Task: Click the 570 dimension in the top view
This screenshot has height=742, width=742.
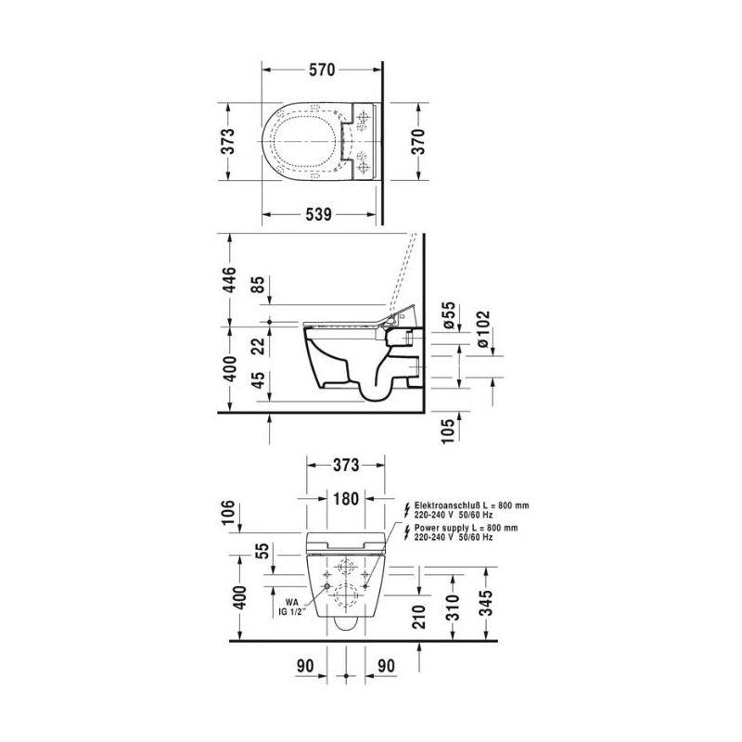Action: (x=322, y=70)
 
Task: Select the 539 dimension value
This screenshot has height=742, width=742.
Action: (x=318, y=215)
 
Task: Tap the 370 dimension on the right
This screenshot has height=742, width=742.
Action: (x=418, y=141)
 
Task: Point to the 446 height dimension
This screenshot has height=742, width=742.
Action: (x=229, y=280)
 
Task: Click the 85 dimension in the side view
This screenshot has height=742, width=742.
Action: (x=259, y=285)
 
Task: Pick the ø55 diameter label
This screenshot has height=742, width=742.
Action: (x=449, y=315)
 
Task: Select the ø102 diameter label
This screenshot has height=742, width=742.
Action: (x=483, y=329)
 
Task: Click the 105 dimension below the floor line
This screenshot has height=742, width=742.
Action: (x=449, y=430)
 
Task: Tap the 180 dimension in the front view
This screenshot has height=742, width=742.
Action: (x=346, y=498)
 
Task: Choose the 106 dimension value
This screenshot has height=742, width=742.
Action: (x=228, y=512)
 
